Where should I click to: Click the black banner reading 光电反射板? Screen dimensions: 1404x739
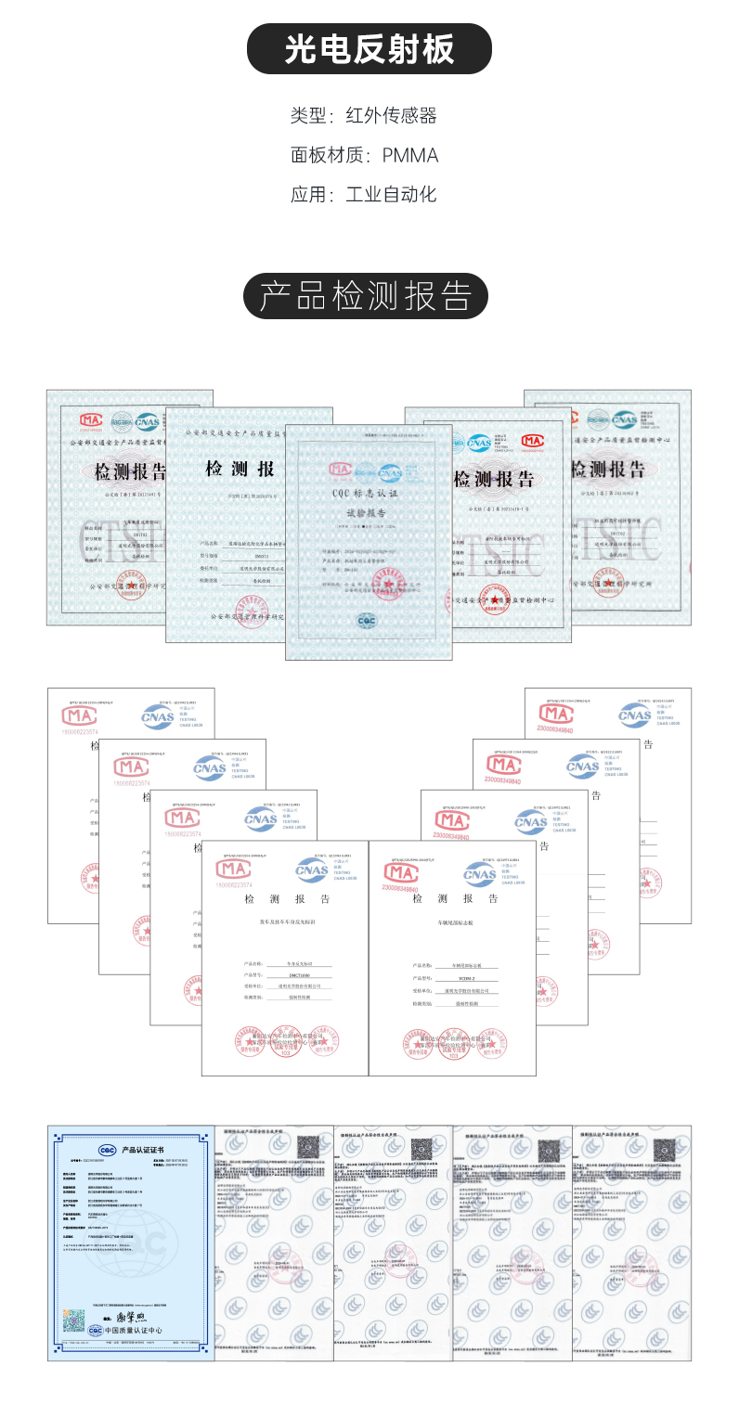(x=369, y=49)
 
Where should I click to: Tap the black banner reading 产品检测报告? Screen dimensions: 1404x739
(x=369, y=296)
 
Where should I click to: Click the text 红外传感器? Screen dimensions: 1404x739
(x=390, y=116)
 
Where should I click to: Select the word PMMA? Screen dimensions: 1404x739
(x=409, y=155)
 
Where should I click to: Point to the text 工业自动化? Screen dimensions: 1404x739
(x=390, y=195)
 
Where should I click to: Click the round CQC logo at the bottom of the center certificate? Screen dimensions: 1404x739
(x=368, y=621)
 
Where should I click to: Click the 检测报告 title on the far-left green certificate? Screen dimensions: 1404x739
(x=130, y=471)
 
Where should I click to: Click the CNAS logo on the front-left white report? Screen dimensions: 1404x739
(x=312, y=870)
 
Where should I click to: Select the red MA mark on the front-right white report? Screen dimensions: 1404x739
(x=402, y=873)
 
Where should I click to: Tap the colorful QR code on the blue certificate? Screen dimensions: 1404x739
(x=74, y=1318)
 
